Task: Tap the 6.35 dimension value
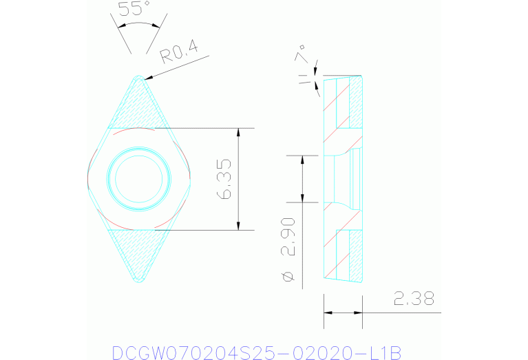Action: point(224,180)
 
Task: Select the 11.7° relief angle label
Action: point(304,65)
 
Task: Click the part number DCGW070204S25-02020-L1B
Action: point(255,352)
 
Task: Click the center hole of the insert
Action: point(139,179)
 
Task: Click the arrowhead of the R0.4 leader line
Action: point(147,78)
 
